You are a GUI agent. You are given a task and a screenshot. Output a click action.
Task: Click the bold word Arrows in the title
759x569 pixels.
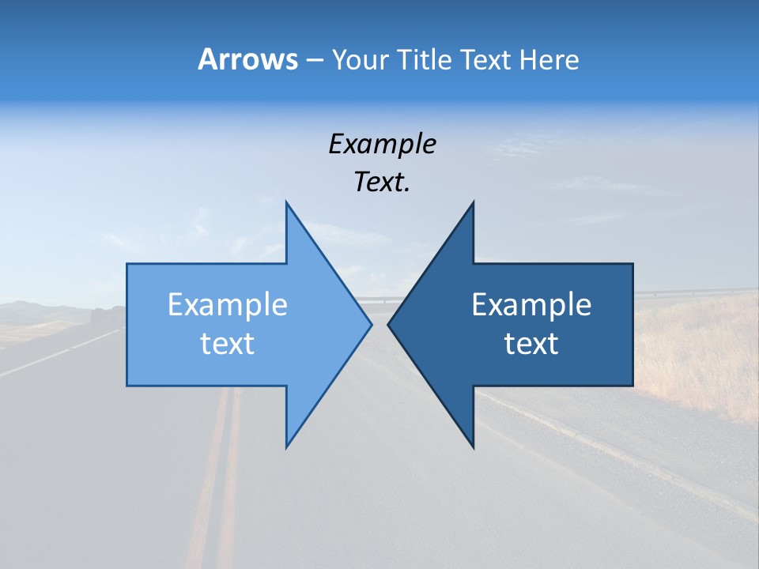(x=247, y=59)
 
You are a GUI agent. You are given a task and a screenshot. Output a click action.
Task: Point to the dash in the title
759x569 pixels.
(x=314, y=60)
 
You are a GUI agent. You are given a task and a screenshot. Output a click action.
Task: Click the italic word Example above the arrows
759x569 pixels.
(x=382, y=144)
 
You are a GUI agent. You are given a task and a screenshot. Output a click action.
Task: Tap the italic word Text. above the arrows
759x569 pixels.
(x=382, y=182)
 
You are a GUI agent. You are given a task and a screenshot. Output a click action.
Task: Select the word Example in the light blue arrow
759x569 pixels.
(x=228, y=305)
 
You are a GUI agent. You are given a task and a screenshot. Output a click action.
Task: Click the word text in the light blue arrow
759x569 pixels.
(x=228, y=343)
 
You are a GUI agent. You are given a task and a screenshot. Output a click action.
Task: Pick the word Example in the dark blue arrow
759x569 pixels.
(x=531, y=305)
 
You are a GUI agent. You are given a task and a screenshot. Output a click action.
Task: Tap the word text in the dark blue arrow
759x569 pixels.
(x=531, y=343)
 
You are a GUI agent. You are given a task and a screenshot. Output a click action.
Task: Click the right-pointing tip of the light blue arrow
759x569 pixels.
(x=370, y=324)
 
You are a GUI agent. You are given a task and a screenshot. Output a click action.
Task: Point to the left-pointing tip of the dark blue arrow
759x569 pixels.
(x=389, y=324)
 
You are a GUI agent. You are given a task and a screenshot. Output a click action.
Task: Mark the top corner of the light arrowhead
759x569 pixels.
(x=286, y=203)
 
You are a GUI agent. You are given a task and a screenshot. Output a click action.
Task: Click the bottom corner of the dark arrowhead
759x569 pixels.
(x=473, y=446)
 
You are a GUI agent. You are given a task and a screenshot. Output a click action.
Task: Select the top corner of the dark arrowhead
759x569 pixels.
(x=473, y=203)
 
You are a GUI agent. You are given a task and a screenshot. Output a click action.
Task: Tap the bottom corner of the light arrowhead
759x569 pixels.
(x=286, y=446)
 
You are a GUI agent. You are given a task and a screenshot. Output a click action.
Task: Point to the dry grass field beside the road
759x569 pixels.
(x=696, y=348)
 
